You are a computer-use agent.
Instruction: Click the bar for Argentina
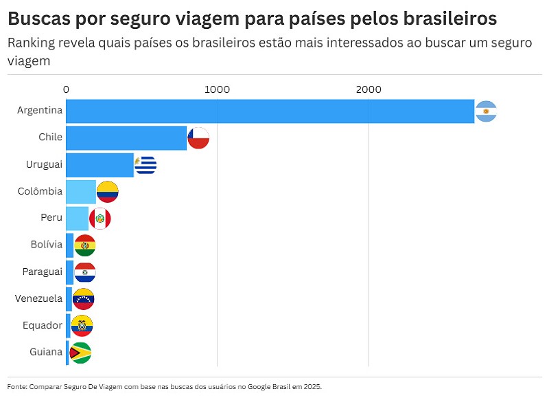(270, 111)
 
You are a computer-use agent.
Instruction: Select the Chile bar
(126, 138)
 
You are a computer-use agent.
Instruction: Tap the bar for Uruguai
(100, 165)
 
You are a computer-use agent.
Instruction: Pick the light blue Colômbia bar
(81, 192)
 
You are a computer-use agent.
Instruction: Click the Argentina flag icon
(486, 111)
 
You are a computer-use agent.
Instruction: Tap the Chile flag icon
(198, 138)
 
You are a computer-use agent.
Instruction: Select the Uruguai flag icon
(145, 165)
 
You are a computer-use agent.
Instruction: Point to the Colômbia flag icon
(108, 192)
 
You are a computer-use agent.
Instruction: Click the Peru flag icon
(100, 219)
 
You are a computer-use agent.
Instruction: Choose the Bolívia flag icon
(85, 245)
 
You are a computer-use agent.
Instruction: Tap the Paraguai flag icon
(85, 272)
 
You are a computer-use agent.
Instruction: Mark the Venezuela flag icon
(83, 299)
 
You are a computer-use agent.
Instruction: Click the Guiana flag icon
(80, 353)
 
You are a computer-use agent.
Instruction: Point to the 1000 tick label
(217, 89)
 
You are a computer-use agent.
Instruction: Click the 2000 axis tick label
(369, 89)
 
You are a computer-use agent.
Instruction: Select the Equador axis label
(43, 325)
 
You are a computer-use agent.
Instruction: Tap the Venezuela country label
(39, 298)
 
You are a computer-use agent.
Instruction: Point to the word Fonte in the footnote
(17, 386)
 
